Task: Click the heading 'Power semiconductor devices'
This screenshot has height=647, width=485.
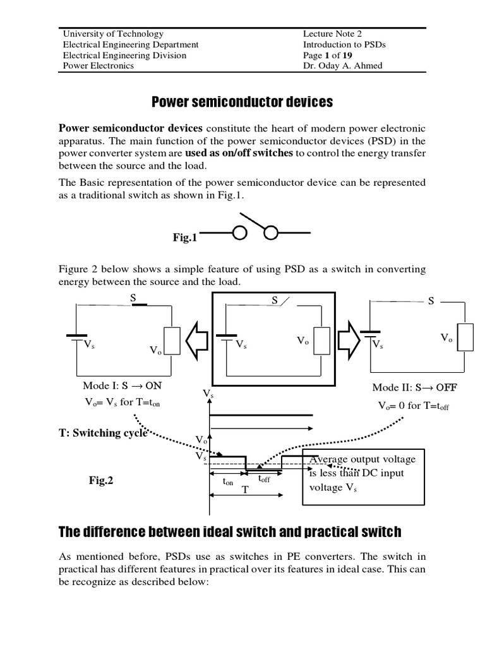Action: point(242,102)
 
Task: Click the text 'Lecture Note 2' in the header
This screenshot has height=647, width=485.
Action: point(332,34)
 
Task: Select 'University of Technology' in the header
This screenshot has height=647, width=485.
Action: point(113,34)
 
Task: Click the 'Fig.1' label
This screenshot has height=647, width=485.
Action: point(185,238)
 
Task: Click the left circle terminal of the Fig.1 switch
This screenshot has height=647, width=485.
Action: point(240,234)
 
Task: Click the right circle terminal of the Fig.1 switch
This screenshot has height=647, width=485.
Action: point(272,234)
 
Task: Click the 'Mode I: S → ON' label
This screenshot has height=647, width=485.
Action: point(117,386)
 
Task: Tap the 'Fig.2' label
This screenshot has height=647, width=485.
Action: point(101,481)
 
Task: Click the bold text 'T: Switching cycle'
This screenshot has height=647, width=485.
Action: point(103,433)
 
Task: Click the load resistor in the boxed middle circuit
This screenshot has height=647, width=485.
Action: point(321,342)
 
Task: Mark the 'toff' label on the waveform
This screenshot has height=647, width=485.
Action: point(263,479)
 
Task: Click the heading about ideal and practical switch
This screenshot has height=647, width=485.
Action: point(230,531)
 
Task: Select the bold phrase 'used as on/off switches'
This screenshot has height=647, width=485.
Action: point(239,153)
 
